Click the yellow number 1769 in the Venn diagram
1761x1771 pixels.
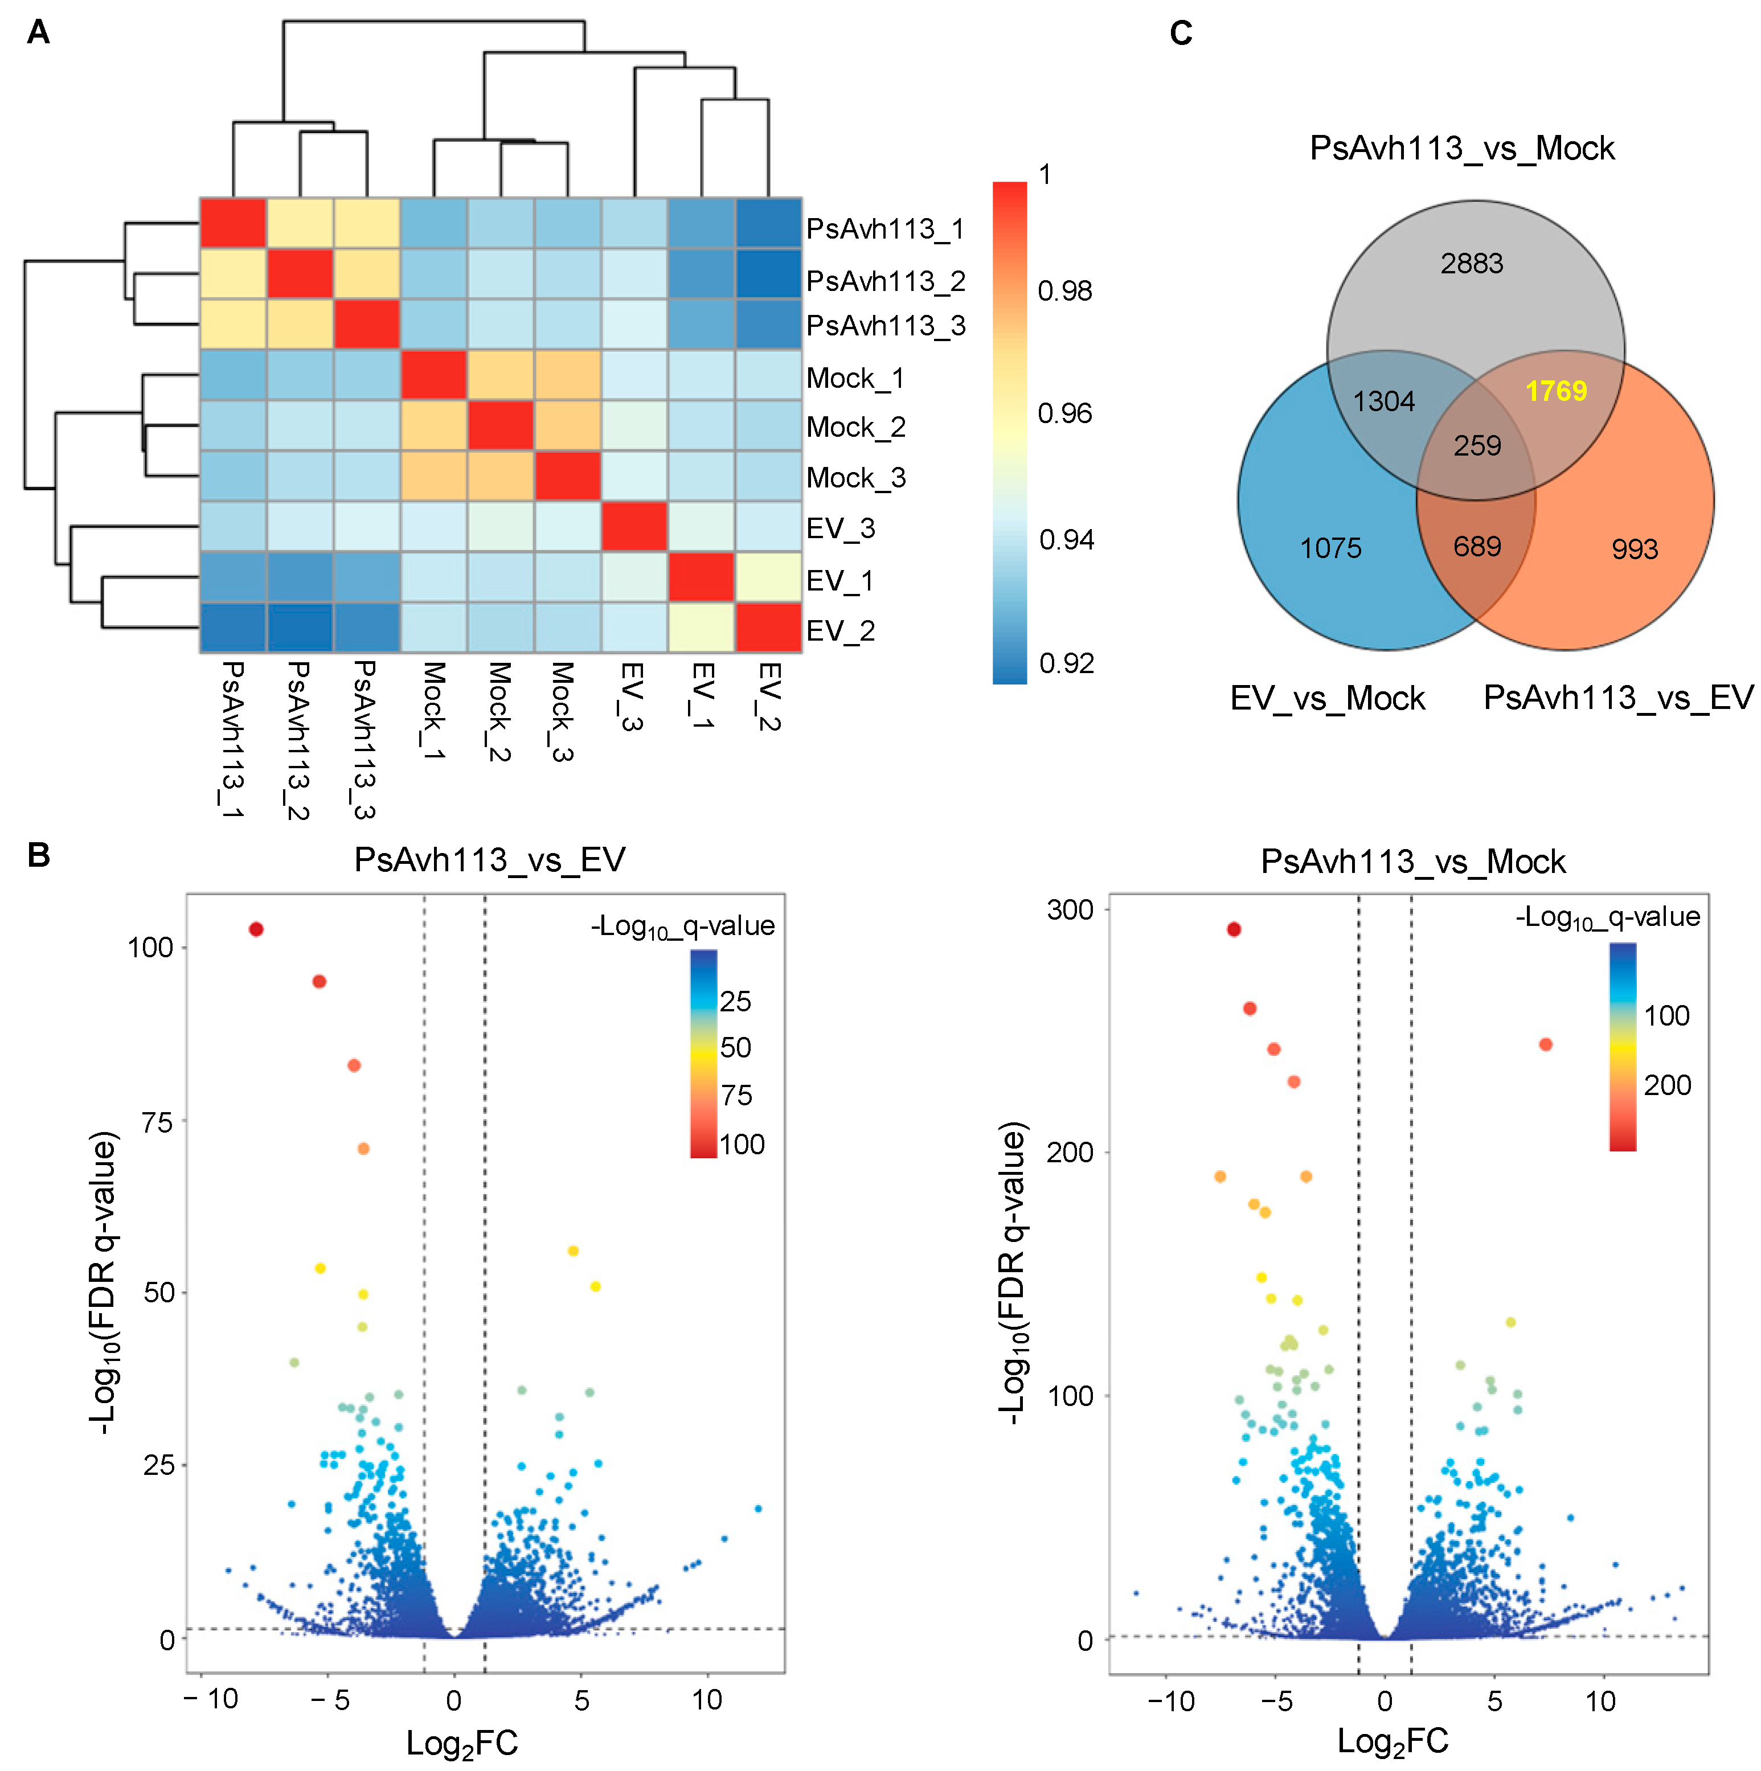pyautogui.click(x=1555, y=391)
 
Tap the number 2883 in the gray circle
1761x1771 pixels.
pyautogui.click(x=1471, y=264)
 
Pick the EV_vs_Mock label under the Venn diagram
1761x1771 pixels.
pyautogui.click(x=1328, y=699)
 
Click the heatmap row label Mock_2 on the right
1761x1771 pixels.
pyautogui.click(x=855, y=427)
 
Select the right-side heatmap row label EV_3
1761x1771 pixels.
pyautogui.click(x=841, y=528)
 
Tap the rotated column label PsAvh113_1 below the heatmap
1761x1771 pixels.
pyautogui.click(x=232, y=739)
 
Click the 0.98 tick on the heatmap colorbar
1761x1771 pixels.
pyautogui.click(x=1064, y=292)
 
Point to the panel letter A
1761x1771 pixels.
pyautogui.click(x=39, y=33)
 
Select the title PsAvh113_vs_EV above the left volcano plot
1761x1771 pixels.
pyautogui.click(x=490, y=860)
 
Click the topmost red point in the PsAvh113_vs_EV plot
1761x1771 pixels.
pyautogui.click(x=256, y=929)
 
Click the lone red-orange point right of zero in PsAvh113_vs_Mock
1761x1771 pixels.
pyautogui.click(x=1546, y=1044)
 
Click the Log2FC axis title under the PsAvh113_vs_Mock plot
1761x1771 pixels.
pyautogui.click(x=1393, y=1740)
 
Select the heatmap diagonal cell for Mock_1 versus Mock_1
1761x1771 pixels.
pyautogui.click(x=433, y=375)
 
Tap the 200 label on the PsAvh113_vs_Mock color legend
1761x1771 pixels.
pyautogui.click(x=1666, y=1085)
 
